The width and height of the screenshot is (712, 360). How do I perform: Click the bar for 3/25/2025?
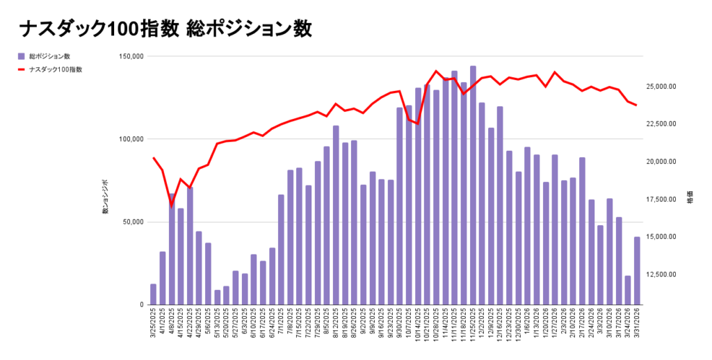(x=153, y=294)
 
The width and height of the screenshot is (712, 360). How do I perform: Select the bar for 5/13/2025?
(x=217, y=297)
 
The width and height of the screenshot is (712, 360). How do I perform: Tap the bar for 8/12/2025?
(x=336, y=215)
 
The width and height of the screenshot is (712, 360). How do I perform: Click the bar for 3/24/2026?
(x=628, y=291)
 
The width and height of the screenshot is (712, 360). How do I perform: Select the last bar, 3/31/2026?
(x=637, y=271)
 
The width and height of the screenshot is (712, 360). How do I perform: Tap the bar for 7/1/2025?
(x=281, y=249)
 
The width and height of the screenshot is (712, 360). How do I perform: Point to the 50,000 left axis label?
(x=130, y=222)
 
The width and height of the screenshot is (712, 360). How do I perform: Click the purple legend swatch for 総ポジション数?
(x=22, y=56)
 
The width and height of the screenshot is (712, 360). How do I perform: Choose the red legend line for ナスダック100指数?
(x=22, y=69)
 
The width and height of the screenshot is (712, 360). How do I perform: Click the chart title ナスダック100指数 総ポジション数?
(x=165, y=28)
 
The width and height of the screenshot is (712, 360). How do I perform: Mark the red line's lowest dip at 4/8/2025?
(x=172, y=204)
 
